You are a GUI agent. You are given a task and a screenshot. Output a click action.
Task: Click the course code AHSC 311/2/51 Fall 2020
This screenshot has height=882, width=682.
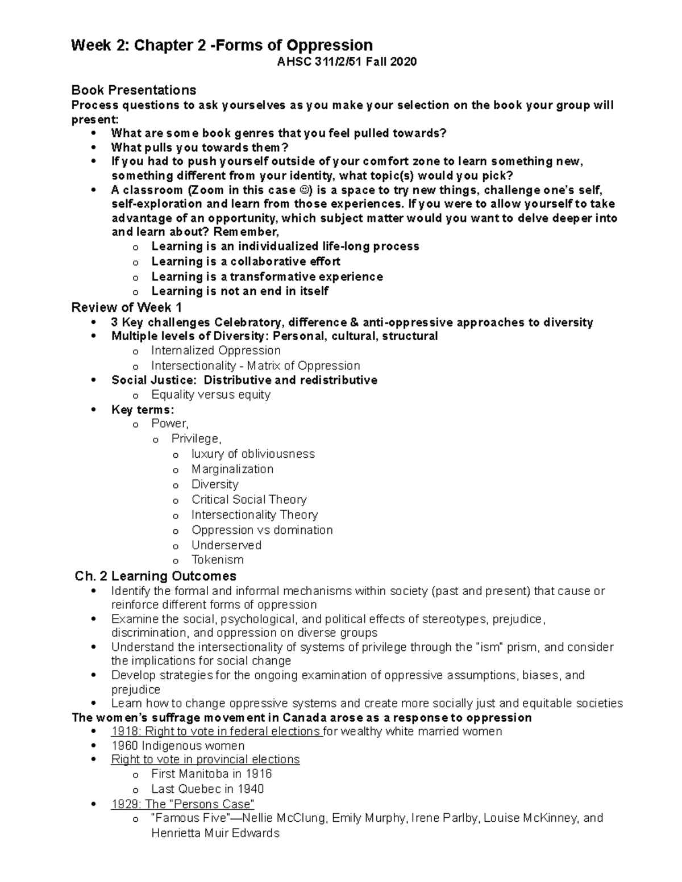tap(346, 62)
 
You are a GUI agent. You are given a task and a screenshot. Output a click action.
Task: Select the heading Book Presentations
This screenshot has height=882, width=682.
tap(134, 90)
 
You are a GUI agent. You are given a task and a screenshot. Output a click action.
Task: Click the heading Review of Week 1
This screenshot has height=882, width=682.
tap(126, 308)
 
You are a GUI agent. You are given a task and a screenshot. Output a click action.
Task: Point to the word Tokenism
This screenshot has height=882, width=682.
tap(217, 559)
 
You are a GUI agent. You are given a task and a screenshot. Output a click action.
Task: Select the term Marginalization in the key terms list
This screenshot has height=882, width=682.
tap(232, 469)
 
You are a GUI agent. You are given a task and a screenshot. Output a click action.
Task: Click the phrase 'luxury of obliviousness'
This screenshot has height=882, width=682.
tap(252, 454)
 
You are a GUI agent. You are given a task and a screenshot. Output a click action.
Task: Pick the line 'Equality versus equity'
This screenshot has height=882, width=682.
tap(210, 395)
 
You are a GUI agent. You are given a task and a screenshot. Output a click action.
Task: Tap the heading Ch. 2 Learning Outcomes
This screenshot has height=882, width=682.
tap(156, 576)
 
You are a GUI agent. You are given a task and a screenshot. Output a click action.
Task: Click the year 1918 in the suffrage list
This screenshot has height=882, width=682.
tap(123, 731)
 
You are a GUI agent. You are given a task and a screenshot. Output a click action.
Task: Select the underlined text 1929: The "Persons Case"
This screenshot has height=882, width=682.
tap(182, 804)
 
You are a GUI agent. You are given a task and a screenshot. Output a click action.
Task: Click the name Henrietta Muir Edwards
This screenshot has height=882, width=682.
tap(215, 833)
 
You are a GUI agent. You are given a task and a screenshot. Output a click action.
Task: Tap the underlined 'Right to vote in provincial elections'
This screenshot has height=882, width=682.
tap(205, 759)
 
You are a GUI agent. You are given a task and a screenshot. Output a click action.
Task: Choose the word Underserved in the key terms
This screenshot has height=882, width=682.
tap(226, 545)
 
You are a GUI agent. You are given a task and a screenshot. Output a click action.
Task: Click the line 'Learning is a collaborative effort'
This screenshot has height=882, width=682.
tap(246, 261)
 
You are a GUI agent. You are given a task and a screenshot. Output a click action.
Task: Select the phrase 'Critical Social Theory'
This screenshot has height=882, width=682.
tap(249, 500)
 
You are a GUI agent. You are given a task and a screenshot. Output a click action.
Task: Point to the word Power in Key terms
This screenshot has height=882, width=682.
tap(169, 424)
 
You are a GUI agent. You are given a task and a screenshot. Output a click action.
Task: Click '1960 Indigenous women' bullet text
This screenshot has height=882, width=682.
tap(178, 746)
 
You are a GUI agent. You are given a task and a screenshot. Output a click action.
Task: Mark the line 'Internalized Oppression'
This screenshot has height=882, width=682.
tap(215, 350)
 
